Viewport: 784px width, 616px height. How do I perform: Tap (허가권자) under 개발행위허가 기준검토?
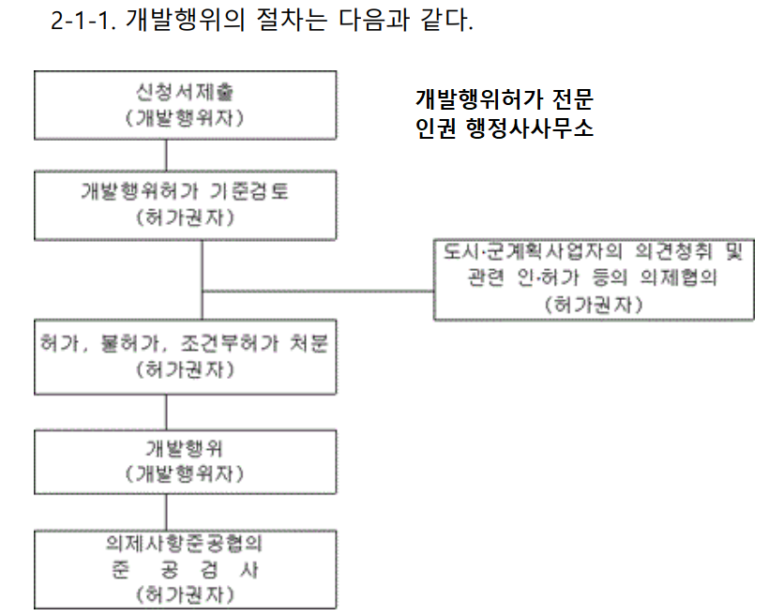184,218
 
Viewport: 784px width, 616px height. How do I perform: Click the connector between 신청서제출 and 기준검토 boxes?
166,156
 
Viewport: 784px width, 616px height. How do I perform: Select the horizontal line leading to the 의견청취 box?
319,290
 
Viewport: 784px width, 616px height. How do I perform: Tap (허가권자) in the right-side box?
593,305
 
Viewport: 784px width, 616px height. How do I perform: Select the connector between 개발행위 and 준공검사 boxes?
166,512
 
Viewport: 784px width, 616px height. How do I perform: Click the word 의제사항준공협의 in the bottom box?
184,544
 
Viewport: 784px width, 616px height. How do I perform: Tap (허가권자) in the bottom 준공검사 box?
184,594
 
